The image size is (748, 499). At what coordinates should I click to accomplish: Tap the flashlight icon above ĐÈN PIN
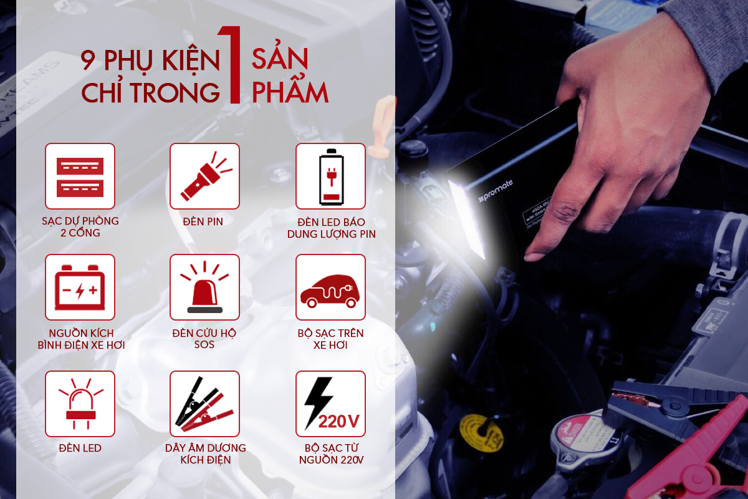click(204, 176)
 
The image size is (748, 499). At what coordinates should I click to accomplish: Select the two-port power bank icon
click(80, 176)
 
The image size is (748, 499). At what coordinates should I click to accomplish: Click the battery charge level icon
click(330, 176)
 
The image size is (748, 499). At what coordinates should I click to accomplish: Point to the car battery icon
click(80, 287)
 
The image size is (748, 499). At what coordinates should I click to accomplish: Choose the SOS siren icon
click(204, 287)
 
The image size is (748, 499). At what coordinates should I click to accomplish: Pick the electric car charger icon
click(330, 287)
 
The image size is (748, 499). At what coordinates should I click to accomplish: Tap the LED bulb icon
click(80, 404)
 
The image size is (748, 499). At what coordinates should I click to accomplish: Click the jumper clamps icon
click(204, 404)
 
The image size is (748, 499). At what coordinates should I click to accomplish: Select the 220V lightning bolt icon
click(330, 404)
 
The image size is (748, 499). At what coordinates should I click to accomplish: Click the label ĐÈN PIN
click(204, 221)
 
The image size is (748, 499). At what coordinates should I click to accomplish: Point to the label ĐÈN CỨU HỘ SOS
click(204, 339)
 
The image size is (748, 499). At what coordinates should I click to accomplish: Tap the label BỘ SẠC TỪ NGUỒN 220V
click(330, 454)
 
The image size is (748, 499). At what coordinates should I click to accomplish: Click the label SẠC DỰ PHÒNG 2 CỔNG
click(80, 227)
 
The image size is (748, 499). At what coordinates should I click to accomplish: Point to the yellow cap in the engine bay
click(477, 431)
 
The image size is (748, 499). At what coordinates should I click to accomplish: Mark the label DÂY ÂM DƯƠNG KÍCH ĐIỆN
click(205, 454)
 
